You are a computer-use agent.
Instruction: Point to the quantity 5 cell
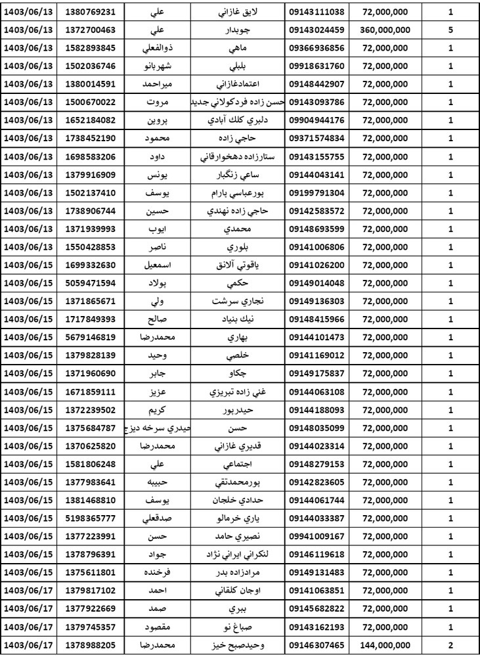tap(450, 30)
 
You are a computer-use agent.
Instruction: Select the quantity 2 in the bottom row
tap(450, 644)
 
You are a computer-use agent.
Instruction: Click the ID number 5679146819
tap(92, 338)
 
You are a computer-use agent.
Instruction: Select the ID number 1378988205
tap(92, 644)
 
